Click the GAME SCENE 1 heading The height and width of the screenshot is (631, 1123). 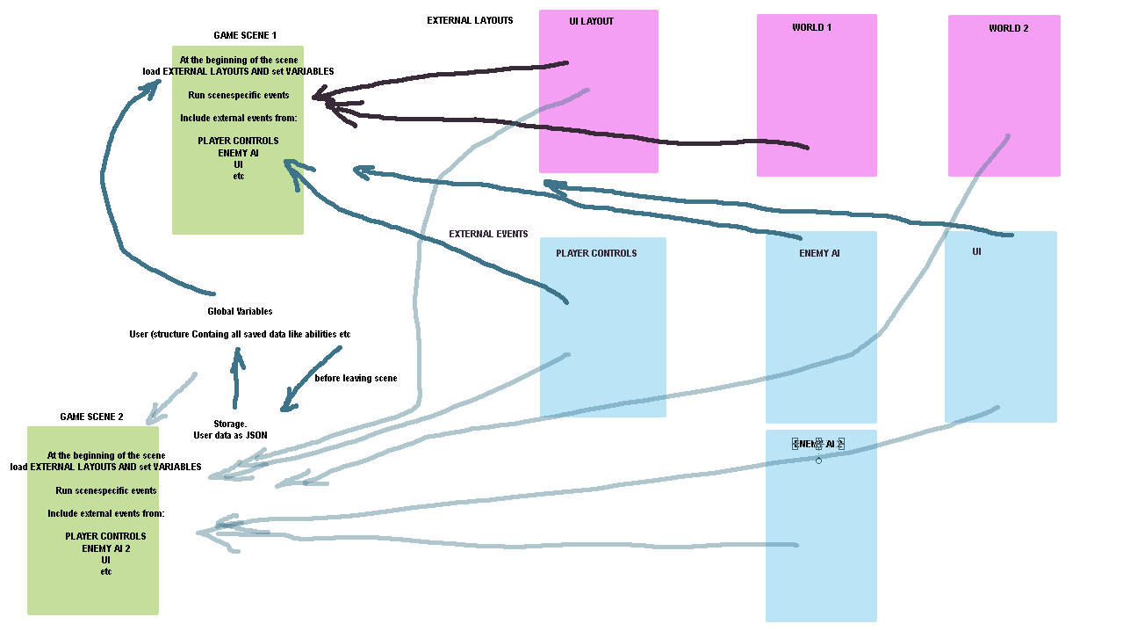click(x=245, y=36)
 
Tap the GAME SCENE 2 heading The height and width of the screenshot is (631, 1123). click(x=91, y=417)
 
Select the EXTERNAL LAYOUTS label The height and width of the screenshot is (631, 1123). click(x=470, y=20)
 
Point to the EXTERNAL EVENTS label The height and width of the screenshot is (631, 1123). click(x=488, y=235)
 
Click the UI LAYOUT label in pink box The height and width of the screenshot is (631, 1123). click(x=591, y=21)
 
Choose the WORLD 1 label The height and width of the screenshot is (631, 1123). click(x=811, y=27)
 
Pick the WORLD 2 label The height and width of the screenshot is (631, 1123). click(x=1008, y=28)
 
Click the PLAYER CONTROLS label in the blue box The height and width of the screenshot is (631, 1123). click(x=596, y=253)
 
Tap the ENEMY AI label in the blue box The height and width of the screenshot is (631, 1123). click(x=819, y=253)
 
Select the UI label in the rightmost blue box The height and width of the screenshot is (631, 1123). click(x=976, y=252)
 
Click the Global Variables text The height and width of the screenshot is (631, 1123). click(x=240, y=311)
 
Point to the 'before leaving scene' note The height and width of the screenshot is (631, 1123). click(x=356, y=378)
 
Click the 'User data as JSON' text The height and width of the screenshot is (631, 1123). click(x=230, y=435)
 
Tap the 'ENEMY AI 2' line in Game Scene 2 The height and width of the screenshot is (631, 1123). click(x=106, y=548)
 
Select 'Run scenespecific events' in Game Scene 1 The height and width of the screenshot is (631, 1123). click(x=238, y=95)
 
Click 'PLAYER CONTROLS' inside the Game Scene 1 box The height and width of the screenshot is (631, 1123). click(x=238, y=141)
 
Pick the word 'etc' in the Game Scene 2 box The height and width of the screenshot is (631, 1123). click(x=106, y=571)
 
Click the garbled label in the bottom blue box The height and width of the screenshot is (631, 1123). click(x=817, y=444)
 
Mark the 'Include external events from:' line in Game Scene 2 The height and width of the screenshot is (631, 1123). click(x=106, y=513)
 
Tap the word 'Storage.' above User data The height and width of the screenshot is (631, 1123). click(x=230, y=424)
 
